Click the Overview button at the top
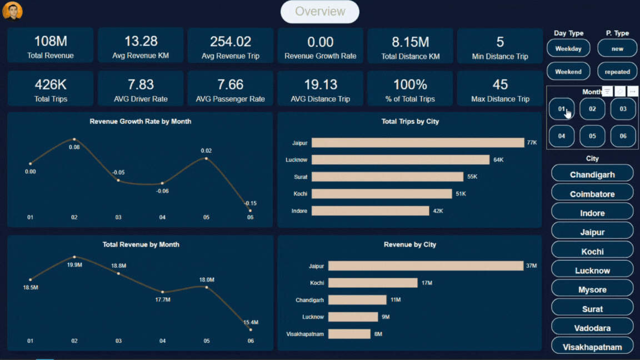(x=320, y=12)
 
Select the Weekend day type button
(x=568, y=72)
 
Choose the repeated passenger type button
(x=617, y=72)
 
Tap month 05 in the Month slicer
(x=592, y=136)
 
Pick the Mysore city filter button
(x=592, y=290)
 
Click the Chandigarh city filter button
(x=592, y=174)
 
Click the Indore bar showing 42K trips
(x=370, y=211)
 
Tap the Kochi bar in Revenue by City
(x=372, y=283)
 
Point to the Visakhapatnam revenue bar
(x=349, y=334)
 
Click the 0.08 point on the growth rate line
(x=74, y=139)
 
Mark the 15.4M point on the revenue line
(x=250, y=330)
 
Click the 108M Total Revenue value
(x=51, y=42)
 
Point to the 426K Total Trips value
(x=51, y=85)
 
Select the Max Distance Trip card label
(x=500, y=99)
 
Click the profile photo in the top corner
(x=12, y=11)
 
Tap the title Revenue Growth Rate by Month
(x=140, y=121)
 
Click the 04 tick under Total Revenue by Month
(x=162, y=341)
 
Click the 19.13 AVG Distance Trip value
(x=321, y=85)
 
